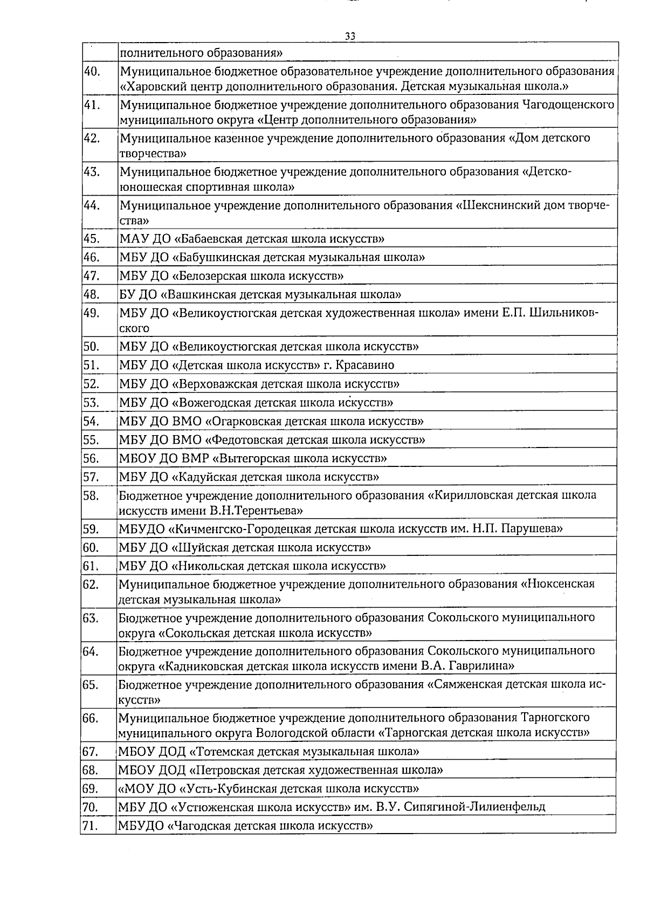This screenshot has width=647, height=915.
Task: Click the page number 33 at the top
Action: click(x=350, y=37)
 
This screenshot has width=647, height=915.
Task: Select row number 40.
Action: click(x=92, y=71)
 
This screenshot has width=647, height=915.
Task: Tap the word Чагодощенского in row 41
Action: click(x=568, y=105)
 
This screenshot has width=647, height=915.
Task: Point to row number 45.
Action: click(x=92, y=238)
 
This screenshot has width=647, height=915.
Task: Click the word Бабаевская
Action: click(x=211, y=238)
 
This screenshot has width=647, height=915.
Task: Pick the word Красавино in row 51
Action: click(x=365, y=365)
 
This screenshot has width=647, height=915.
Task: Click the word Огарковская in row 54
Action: click(x=243, y=421)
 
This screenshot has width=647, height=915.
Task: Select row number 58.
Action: click(x=92, y=495)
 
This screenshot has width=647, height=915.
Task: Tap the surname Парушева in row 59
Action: click(x=532, y=528)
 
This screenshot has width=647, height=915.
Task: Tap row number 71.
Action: click(x=91, y=825)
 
